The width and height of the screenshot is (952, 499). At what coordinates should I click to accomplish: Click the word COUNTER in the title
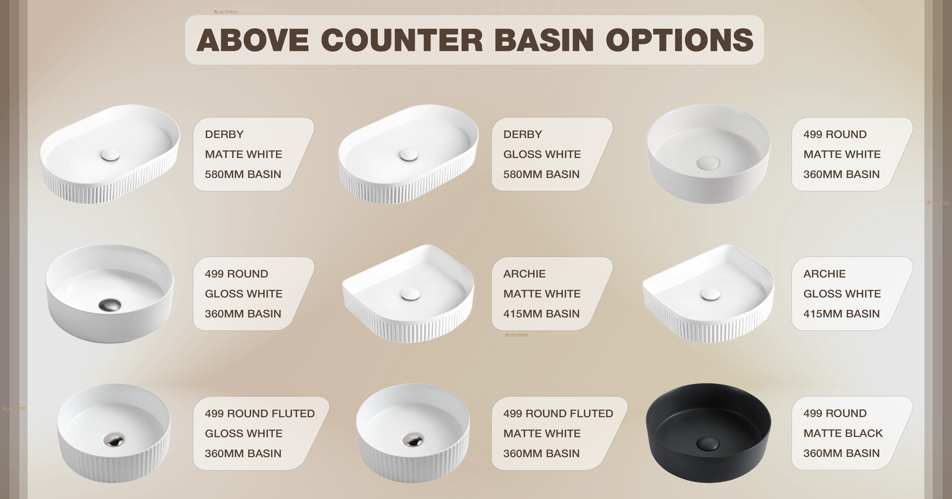pyautogui.click(x=402, y=40)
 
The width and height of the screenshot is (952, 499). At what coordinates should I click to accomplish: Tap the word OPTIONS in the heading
pyautogui.click(x=679, y=40)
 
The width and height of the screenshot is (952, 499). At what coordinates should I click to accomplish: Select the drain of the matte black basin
pyautogui.click(x=708, y=443)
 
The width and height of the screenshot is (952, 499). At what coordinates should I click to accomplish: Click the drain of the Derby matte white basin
pyautogui.click(x=110, y=155)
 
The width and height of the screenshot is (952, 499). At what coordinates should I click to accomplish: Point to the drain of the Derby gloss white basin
pyautogui.click(x=408, y=155)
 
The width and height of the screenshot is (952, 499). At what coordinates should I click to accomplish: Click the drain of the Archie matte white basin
pyautogui.click(x=410, y=294)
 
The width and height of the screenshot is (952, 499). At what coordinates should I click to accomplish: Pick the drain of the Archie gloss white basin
pyautogui.click(x=710, y=294)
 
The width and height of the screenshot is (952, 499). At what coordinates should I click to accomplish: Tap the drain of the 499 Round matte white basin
pyautogui.click(x=708, y=163)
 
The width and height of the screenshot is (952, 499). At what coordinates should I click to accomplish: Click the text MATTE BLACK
pyautogui.click(x=843, y=433)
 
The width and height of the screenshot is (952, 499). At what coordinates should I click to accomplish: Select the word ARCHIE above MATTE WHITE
pyautogui.click(x=524, y=274)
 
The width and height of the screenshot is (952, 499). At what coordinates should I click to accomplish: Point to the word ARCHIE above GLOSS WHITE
pyautogui.click(x=824, y=274)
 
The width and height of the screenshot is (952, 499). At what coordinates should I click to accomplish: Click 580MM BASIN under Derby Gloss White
pyautogui.click(x=541, y=174)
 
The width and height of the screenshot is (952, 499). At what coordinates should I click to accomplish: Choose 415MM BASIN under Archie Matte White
pyautogui.click(x=541, y=314)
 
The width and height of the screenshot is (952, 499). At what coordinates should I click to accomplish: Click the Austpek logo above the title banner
pyautogui.click(x=225, y=12)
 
